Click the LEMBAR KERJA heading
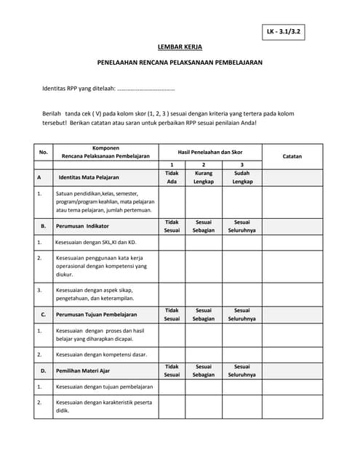tap(180, 47)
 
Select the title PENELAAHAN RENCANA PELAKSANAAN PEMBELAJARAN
tap(180, 63)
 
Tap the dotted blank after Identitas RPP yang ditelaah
tap(145, 89)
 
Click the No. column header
tap(43, 152)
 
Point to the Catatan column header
tap(292, 156)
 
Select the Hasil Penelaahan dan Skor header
tap(210, 152)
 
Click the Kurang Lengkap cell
tap(204, 177)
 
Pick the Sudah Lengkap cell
tap(241, 177)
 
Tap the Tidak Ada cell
tap(172, 177)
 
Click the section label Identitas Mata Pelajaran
tap(89, 177)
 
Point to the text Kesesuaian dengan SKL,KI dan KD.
tap(96, 242)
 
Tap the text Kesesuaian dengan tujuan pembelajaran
tap(105, 387)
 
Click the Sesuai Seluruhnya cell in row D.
tap(241, 371)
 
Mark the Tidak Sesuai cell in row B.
tap(172, 227)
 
